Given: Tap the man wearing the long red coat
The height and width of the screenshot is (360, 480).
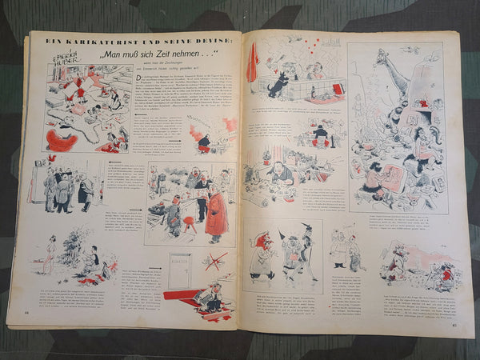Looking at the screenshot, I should pos(216,213).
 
